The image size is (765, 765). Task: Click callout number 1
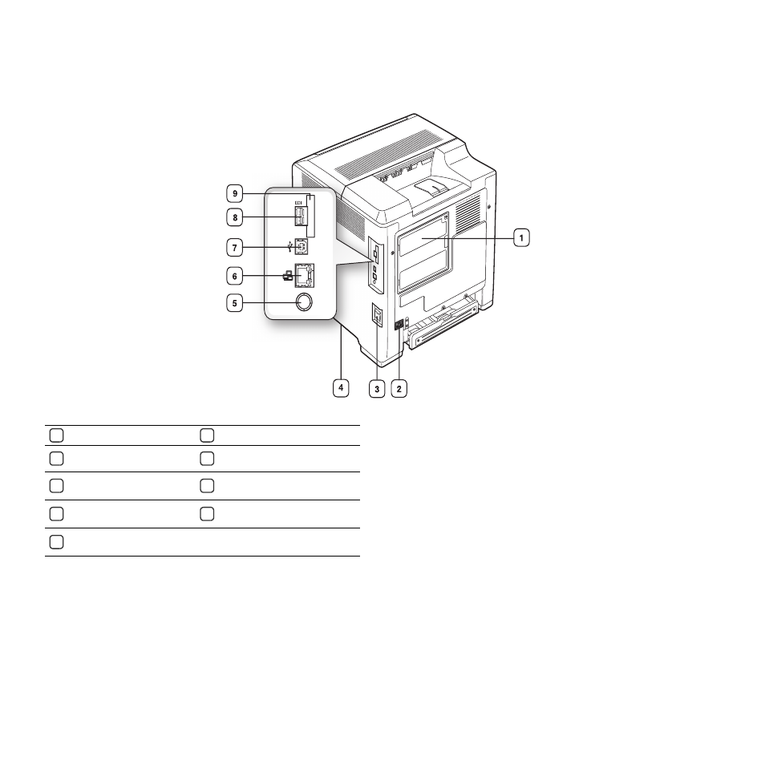[x=521, y=237]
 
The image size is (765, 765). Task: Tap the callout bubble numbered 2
[x=399, y=389]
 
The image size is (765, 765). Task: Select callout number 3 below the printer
[x=377, y=389]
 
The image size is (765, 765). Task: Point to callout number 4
[x=341, y=388]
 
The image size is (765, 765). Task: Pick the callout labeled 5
[x=235, y=303]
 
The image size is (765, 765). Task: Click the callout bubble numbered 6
[x=235, y=276]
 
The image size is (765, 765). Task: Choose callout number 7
[x=235, y=247]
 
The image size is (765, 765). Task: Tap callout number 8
[x=235, y=217]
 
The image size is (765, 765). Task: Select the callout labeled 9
[x=235, y=193]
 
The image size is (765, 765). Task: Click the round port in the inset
[x=304, y=302]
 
